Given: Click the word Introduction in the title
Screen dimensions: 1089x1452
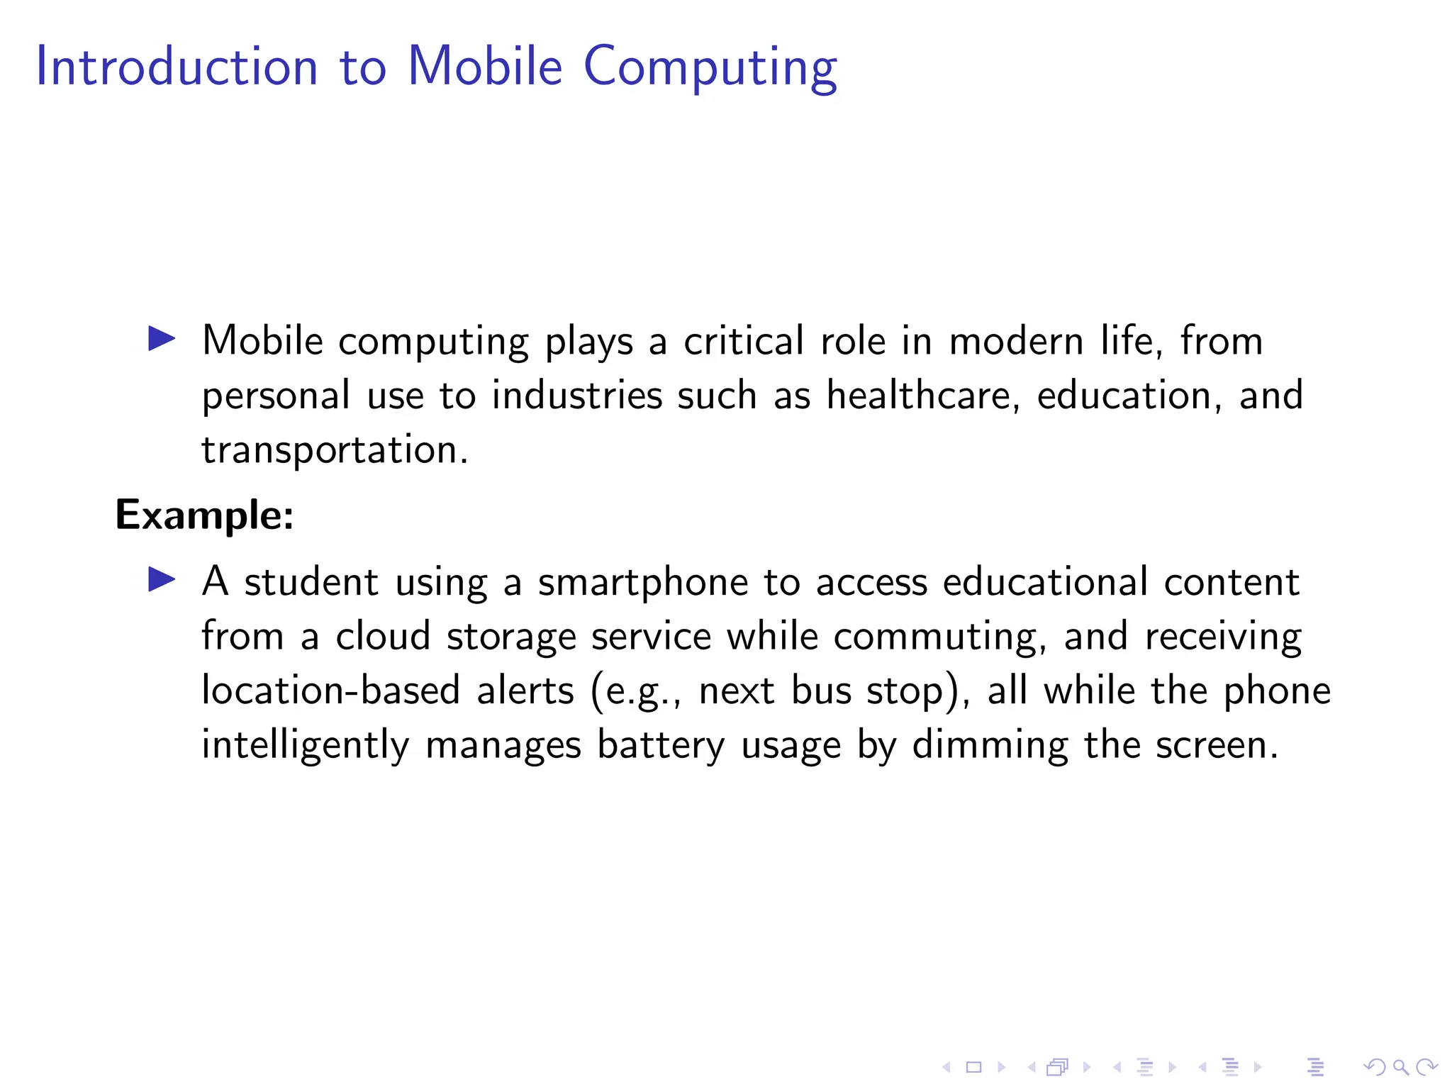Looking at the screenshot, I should click(177, 67).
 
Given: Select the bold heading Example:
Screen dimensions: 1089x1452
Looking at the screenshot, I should click(204, 515).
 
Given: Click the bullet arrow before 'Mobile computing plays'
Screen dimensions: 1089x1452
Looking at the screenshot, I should click(162, 339).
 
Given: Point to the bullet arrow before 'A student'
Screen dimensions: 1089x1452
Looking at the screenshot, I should click(162, 580).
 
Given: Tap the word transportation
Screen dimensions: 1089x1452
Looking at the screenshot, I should click(335, 449).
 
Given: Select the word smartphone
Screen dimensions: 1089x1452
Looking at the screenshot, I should click(642, 583).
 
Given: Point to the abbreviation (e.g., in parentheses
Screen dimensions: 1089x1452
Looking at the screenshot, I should click(636, 691).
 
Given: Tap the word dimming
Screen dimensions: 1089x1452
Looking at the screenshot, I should click(990, 745).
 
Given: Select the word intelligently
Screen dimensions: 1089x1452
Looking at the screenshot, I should click(306, 745).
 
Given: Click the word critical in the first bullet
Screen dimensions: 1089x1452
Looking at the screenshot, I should click(744, 341).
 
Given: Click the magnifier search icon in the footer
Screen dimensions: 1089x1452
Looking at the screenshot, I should click(1400, 1067).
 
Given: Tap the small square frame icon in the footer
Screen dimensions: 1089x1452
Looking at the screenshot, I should click(973, 1067).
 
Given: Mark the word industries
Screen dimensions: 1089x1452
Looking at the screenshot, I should click(577, 395).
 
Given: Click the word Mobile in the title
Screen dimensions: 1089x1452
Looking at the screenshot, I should click(485, 67).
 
